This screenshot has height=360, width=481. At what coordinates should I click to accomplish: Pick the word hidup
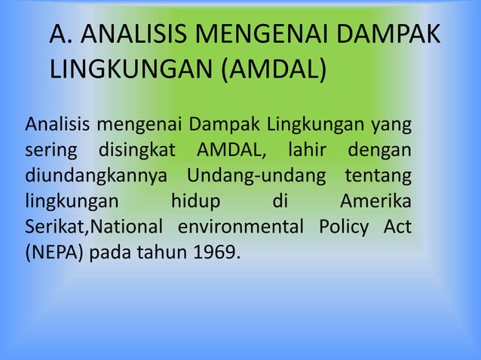(195, 202)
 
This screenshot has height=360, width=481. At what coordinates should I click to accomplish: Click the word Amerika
(375, 202)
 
